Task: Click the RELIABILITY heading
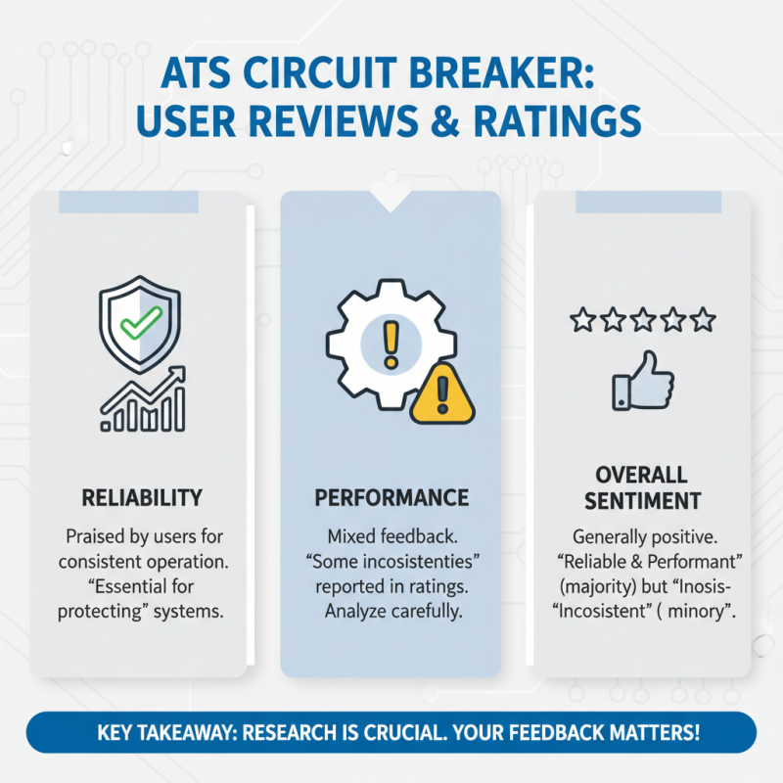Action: (x=143, y=497)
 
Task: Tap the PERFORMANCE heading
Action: (x=391, y=497)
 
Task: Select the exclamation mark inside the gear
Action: (x=391, y=343)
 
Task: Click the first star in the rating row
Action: (x=581, y=319)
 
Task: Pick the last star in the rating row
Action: (x=703, y=319)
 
